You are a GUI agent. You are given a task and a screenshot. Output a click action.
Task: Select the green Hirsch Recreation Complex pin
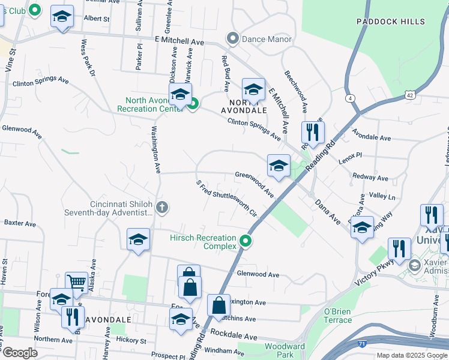tap(245, 242)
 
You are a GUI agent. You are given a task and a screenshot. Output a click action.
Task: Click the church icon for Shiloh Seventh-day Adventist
tap(161, 208)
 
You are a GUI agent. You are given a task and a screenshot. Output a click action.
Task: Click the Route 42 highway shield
tap(409, 95)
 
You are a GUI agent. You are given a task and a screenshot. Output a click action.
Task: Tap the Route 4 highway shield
tap(349, 98)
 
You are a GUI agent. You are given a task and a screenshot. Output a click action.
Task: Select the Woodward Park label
tap(285, 351)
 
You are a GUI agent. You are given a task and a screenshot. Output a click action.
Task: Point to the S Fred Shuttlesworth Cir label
tap(226, 198)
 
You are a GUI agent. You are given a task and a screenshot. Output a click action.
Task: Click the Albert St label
tap(97, 19)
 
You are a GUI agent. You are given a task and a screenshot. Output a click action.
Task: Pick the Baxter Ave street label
tap(20, 223)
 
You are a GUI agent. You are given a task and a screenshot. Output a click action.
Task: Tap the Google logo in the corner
tap(20, 353)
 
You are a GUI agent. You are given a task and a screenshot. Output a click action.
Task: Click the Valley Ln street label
tap(382, 196)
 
